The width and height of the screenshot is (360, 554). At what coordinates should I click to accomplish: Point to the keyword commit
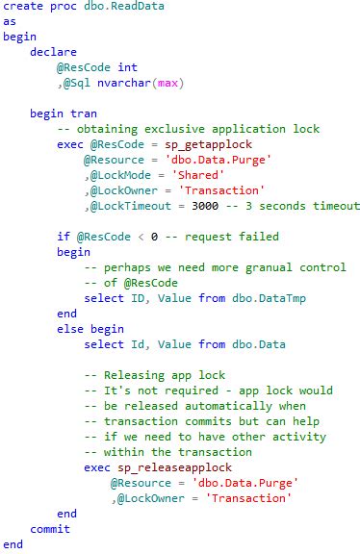[x=50, y=529]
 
